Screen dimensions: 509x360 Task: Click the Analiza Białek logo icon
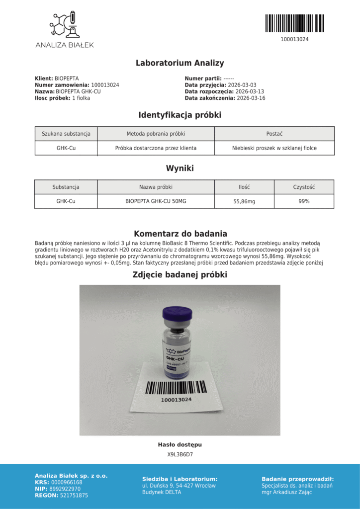[x=64, y=24]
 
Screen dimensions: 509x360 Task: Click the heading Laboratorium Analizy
[x=180, y=63]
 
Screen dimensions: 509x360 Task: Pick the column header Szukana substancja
[x=66, y=134]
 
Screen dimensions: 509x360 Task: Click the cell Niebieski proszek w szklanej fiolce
[x=274, y=148]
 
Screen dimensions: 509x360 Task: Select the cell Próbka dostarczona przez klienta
[x=156, y=148]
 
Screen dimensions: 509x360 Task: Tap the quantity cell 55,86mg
[x=244, y=201]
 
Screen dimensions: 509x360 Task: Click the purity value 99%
[x=304, y=201]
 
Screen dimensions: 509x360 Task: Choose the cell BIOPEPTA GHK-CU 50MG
[x=156, y=201]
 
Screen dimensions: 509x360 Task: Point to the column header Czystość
[x=304, y=187]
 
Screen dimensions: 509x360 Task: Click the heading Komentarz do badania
[x=180, y=234]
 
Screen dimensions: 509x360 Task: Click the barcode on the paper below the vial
[x=176, y=387]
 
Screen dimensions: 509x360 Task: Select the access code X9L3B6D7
[x=180, y=454]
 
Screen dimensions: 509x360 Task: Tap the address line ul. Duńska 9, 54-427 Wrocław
[x=179, y=486]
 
